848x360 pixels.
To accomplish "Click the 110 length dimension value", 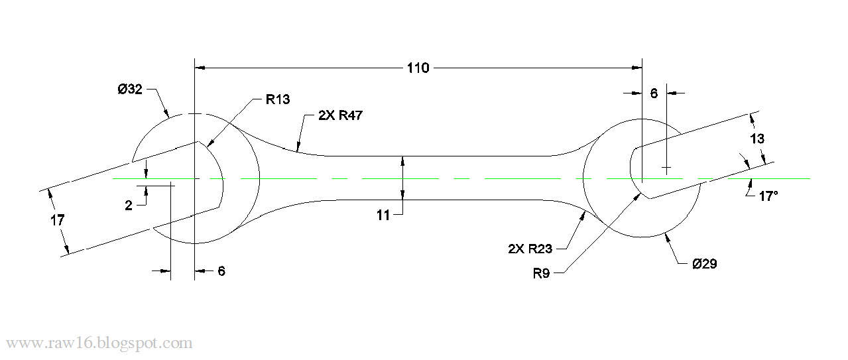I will coord(418,68).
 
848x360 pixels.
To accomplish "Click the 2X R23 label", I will coord(530,249).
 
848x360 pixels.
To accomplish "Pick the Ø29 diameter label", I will coord(704,264).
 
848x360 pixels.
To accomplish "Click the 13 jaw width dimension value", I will coord(757,139).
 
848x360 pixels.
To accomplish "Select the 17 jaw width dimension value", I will coord(58,220).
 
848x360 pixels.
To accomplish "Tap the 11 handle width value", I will coord(383,214).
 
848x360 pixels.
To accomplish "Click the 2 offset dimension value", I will coord(129,206).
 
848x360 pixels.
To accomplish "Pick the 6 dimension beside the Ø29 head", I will coord(653,93).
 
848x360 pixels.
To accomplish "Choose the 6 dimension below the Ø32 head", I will coord(221,270).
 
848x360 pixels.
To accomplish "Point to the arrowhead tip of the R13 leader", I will coord(208,145).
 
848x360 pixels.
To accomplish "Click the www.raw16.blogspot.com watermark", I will coord(99,343).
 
